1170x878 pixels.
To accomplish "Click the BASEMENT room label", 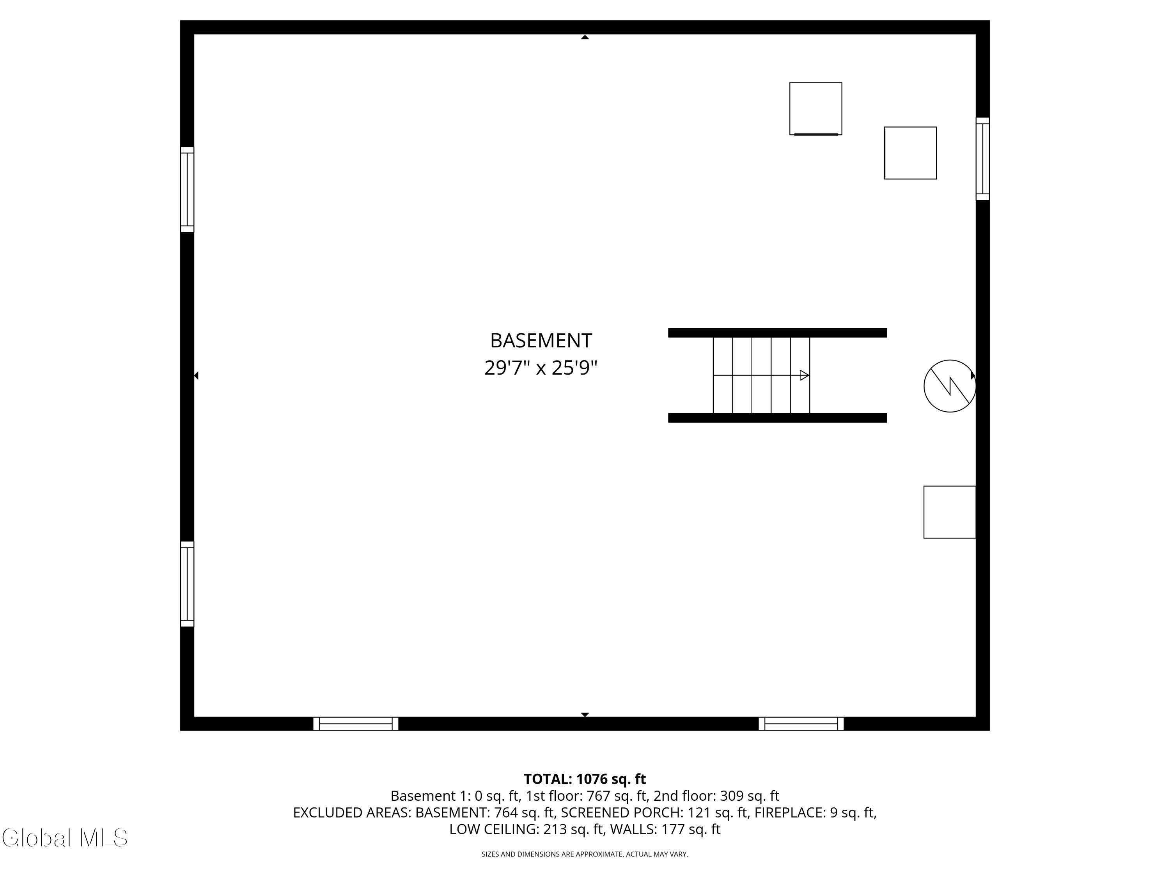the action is click(x=541, y=341).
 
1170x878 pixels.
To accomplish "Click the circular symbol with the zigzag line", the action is click(x=949, y=386).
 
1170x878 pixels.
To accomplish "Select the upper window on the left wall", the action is click(x=187, y=190).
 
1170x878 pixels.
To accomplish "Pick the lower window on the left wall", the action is click(x=187, y=584).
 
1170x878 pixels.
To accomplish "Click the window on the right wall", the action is click(x=982, y=159).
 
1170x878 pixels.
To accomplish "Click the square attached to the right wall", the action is click(x=949, y=512).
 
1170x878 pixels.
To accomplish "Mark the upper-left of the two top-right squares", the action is click(x=815, y=108).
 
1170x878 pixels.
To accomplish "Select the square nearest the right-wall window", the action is click(x=910, y=153).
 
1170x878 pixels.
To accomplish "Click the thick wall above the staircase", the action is click(x=778, y=332).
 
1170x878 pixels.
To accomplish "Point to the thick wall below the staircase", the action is click(x=778, y=418).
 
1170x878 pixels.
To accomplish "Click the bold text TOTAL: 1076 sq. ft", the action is click(x=585, y=779).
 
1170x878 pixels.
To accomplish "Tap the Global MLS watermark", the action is click(x=64, y=838).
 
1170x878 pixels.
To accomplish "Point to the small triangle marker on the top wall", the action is click(x=585, y=37).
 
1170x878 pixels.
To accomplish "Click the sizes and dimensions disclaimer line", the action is click(x=585, y=854).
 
